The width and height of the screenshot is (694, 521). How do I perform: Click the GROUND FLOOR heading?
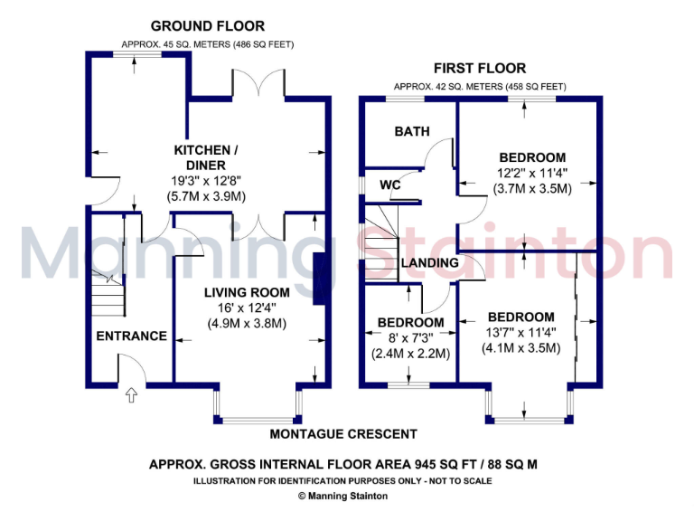click(x=208, y=26)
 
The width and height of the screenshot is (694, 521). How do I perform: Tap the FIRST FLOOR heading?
click(x=480, y=69)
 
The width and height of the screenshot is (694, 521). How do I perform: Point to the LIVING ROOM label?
click(x=247, y=292)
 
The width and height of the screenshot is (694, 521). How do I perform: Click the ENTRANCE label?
click(x=132, y=336)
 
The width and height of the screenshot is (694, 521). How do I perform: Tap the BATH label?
click(x=412, y=131)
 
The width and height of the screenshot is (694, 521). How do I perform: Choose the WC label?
click(x=390, y=185)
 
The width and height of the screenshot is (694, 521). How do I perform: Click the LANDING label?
click(x=429, y=263)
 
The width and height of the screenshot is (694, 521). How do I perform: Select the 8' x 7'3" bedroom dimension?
click(x=411, y=338)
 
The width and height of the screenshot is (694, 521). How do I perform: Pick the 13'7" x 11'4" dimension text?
click(x=521, y=332)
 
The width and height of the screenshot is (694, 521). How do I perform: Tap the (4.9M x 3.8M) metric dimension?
click(x=247, y=323)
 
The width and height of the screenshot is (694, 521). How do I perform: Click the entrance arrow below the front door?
click(x=131, y=394)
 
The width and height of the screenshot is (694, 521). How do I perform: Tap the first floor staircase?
click(x=380, y=231)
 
